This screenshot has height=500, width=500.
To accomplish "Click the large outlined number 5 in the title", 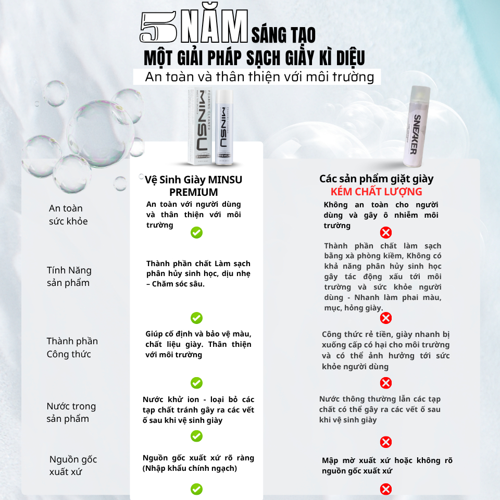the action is (x=158, y=27).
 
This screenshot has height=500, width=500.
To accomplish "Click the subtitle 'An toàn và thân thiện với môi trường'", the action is (x=259, y=77).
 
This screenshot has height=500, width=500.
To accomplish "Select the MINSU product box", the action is (x=200, y=127).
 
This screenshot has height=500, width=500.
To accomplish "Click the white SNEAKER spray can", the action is (x=417, y=127).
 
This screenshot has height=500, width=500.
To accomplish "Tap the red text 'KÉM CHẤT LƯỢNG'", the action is (x=376, y=192).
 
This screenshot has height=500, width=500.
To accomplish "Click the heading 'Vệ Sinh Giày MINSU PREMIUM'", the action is (x=194, y=186).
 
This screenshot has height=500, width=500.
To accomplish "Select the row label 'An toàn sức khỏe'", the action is (x=68, y=215).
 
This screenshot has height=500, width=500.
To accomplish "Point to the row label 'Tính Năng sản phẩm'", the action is (x=69, y=277).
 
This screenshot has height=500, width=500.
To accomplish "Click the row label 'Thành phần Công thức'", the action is (x=72, y=347).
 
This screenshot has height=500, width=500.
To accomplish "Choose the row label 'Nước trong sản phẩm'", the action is (x=71, y=413).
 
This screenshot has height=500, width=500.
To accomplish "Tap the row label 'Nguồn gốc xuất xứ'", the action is (x=73, y=465).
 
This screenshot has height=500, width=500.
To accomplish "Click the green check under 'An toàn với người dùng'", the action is (x=196, y=232).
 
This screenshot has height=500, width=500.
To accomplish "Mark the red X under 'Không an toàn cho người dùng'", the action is (x=386, y=232).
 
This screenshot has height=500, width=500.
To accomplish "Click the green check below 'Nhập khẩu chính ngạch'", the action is (x=196, y=489).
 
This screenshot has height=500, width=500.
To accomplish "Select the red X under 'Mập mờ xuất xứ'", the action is (x=386, y=489).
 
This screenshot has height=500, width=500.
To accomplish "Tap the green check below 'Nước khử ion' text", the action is (x=196, y=436).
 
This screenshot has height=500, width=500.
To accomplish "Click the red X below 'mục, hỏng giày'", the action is (x=386, y=318).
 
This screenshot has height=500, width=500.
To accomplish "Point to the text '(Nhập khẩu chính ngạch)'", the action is (x=190, y=468).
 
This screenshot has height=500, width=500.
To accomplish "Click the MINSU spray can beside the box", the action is (x=224, y=127).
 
